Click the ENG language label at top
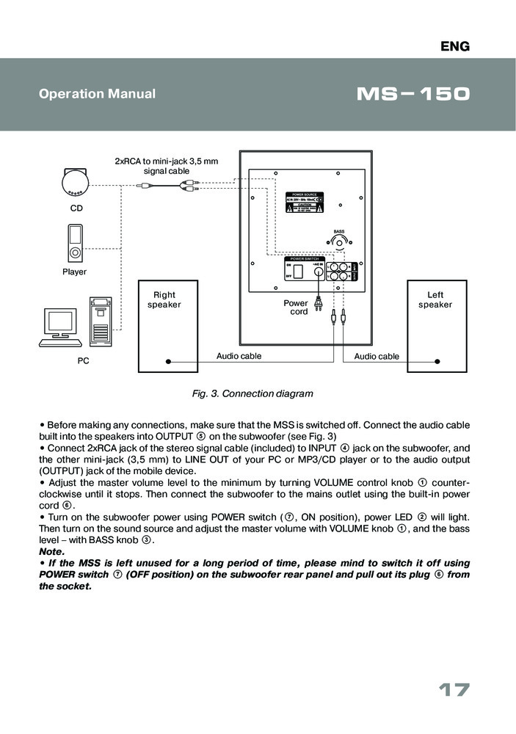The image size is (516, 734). [x=454, y=47]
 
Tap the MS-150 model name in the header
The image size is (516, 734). [x=412, y=95]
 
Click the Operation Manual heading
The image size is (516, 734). [x=97, y=94]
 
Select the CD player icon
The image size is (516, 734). [x=77, y=181]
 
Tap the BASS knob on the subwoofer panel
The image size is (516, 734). [x=338, y=244]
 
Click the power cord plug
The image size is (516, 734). [x=319, y=303]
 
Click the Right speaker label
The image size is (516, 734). [x=164, y=299]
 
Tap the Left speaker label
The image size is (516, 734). [x=435, y=299]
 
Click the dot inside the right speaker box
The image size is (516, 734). [x=168, y=361]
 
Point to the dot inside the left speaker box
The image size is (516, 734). [x=437, y=361]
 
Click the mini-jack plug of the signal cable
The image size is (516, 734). [x=145, y=186]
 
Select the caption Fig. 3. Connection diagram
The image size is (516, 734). [x=252, y=393]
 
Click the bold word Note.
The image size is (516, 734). [x=51, y=550]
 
